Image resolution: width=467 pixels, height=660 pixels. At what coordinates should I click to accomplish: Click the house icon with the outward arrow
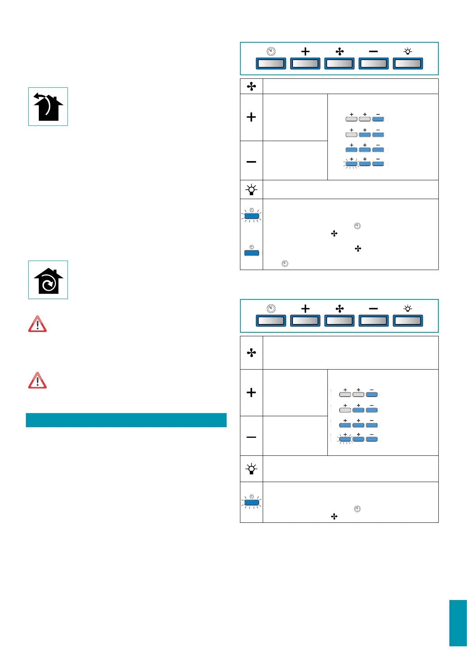(48, 107)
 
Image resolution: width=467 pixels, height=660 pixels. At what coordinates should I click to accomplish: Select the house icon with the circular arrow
(48, 280)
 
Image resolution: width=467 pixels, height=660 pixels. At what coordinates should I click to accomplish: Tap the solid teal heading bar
(126, 420)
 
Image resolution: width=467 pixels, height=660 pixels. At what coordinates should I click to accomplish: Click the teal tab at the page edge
(458, 623)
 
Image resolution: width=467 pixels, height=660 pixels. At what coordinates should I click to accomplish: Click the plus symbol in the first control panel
(305, 51)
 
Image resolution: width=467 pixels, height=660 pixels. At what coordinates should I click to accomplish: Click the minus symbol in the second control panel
(373, 309)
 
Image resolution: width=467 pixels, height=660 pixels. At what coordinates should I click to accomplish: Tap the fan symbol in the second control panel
(340, 309)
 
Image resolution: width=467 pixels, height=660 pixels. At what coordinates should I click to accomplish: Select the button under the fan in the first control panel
(339, 63)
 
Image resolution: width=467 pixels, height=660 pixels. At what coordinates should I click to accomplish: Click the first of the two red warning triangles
(37, 325)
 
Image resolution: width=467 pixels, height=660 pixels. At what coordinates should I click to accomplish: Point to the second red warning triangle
(37, 381)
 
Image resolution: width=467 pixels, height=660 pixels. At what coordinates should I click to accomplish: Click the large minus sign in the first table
(251, 161)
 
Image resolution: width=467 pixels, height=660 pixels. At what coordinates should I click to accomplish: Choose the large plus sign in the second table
(251, 392)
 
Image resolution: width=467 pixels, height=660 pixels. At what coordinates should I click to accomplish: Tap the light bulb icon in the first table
(251, 190)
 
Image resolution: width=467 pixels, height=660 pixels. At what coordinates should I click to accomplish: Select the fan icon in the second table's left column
(251, 353)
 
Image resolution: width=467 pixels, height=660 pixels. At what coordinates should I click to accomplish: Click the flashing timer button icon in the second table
(251, 502)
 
